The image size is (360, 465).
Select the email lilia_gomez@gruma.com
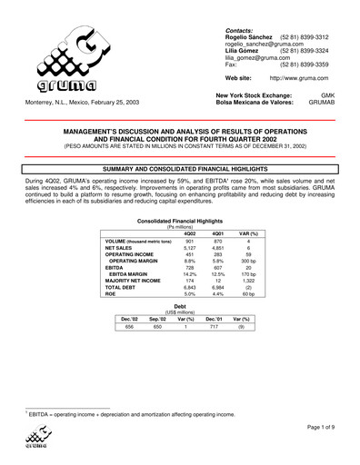point(248,58)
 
